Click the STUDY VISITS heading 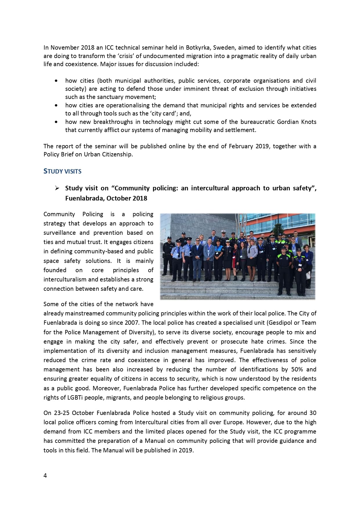tap(62, 171)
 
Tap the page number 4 tap(45, 475)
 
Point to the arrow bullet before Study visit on tap(57, 188)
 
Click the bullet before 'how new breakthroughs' tap(56, 122)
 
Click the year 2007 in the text tap(132, 323)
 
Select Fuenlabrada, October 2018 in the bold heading tap(106, 198)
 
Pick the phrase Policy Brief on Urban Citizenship tap(88, 154)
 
